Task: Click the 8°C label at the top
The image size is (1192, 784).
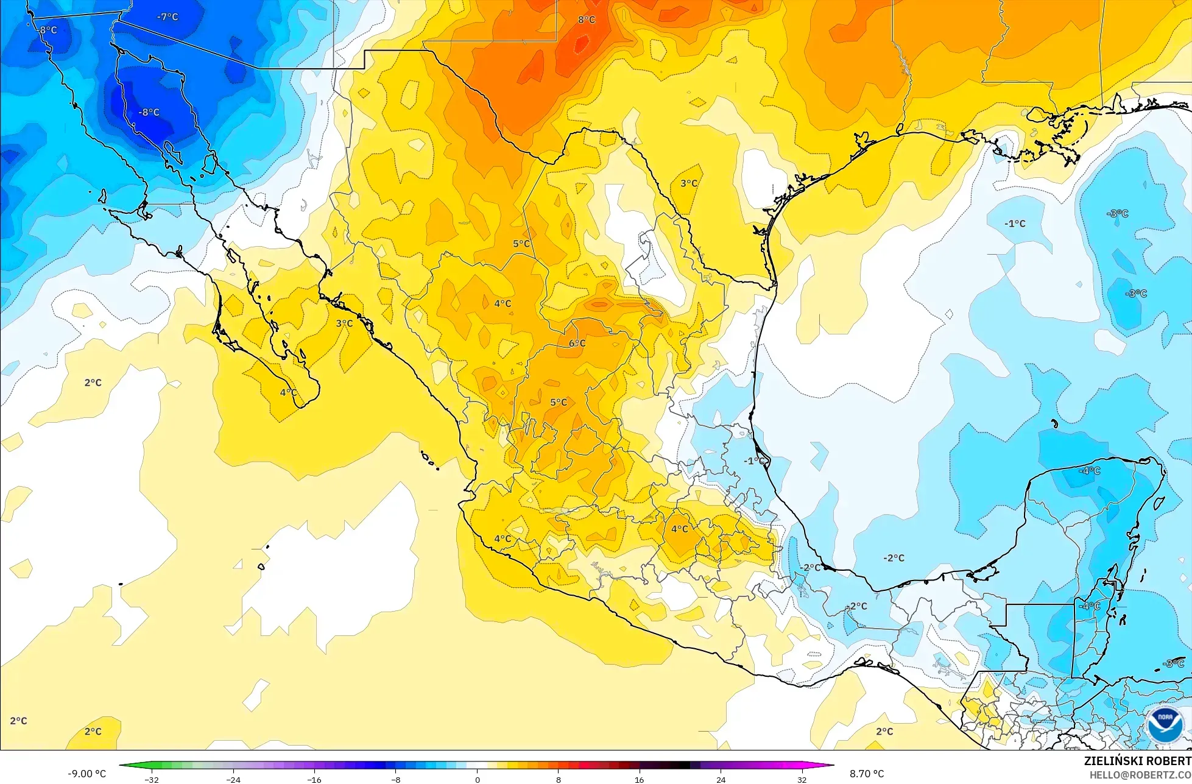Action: [x=586, y=20]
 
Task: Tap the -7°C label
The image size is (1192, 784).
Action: [x=167, y=17]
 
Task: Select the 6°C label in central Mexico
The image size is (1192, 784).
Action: [x=577, y=344]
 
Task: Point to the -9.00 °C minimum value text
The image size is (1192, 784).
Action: [x=86, y=774]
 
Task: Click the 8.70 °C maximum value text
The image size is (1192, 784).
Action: [x=867, y=774]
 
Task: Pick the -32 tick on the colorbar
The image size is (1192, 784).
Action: [x=151, y=779]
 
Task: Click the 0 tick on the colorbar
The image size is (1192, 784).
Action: [x=477, y=779]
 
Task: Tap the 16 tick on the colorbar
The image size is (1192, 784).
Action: [x=640, y=779]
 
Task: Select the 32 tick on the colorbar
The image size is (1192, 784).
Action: [x=802, y=779]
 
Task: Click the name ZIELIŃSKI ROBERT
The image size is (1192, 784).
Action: [x=1137, y=761]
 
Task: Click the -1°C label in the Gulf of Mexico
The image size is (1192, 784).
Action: [x=1014, y=224]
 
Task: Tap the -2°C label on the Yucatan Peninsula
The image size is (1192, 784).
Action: [x=894, y=558]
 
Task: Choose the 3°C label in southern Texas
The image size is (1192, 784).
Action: [x=688, y=183]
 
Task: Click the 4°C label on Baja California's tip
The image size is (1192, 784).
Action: [x=288, y=393]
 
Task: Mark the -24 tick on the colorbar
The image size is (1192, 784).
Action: [x=233, y=779]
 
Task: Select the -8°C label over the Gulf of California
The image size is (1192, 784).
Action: [x=148, y=113]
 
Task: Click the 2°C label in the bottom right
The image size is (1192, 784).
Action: [x=884, y=731]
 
